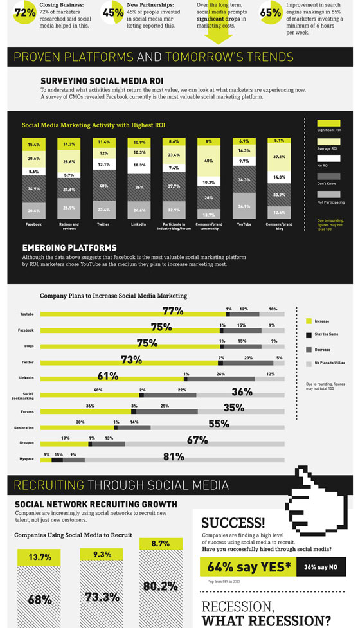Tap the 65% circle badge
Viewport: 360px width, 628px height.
[x=271, y=12]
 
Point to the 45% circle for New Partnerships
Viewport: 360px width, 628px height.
[x=113, y=12]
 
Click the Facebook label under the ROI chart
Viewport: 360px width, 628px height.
[x=33, y=224]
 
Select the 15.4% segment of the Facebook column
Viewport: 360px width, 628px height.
[x=34, y=145]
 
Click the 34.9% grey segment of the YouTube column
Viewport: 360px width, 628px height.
[x=244, y=206]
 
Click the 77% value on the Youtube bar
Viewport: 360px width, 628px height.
[x=173, y=311]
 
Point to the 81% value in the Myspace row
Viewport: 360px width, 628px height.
[x=174, y=457]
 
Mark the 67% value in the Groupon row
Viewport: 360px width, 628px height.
[x=197, y=440]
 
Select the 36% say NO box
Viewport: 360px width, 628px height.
[x=321, y=568]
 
